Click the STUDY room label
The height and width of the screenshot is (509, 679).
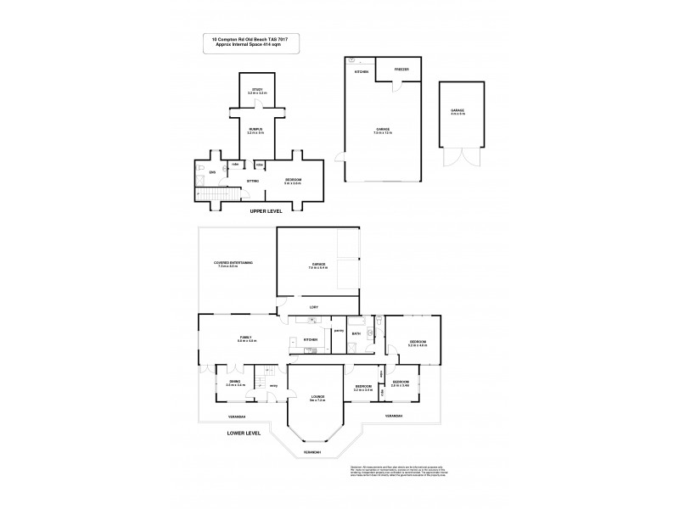point(255,90)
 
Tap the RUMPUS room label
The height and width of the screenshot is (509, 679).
point(255,131)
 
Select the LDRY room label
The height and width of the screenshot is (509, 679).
point(313,307)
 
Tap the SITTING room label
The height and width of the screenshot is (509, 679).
point(252,181)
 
